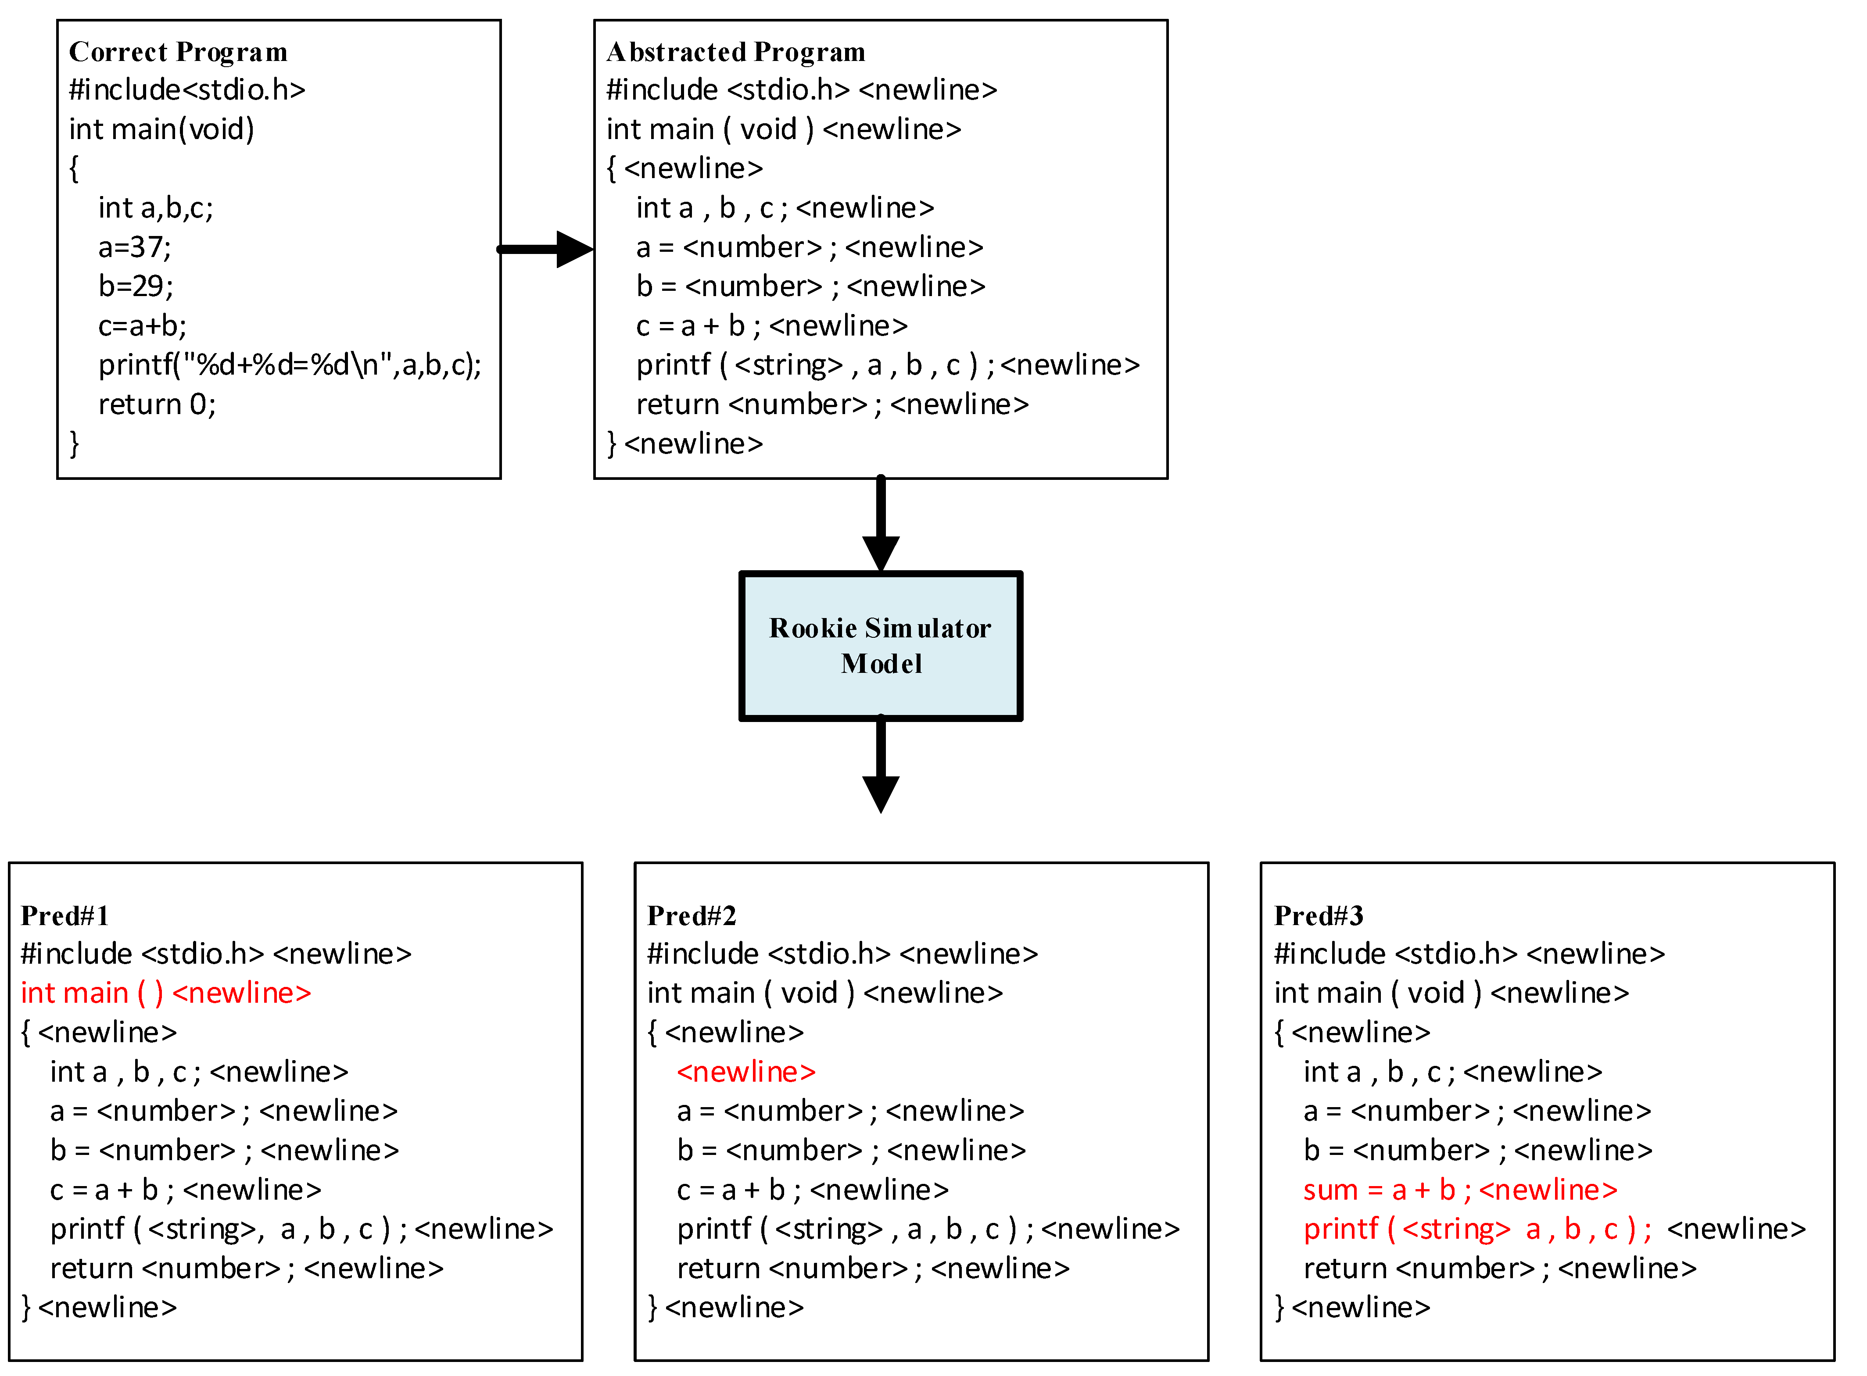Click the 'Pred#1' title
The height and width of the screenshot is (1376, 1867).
point(65,915)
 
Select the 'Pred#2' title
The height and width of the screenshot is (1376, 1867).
point(692,915)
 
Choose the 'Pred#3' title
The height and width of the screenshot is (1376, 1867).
point(1318,915)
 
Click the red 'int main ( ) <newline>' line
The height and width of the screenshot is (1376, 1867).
point(166,993)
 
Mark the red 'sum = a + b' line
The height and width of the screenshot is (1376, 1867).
point(1460,1190)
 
